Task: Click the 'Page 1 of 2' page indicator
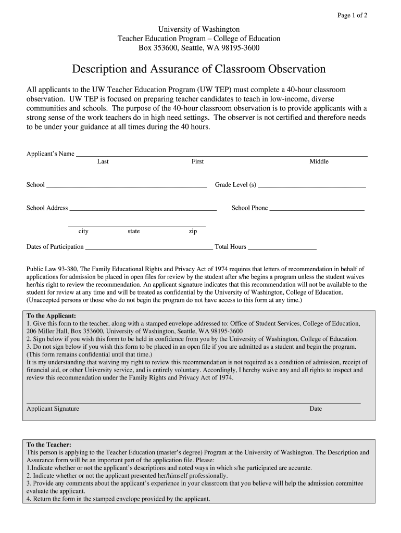point(353,15)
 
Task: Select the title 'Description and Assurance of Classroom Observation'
point(198,69)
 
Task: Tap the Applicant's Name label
point(51,154)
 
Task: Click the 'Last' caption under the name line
point(103,162)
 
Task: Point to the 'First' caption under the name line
point(197,162)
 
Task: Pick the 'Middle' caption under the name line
point(319,162)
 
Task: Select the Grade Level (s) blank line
point(311,186)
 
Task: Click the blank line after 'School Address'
point(143,209)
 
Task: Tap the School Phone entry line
point(317,209)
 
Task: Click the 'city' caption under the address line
point(83,232)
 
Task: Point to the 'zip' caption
point(193,232)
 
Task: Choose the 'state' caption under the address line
point(133,232)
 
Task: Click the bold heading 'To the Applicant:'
point(51,316)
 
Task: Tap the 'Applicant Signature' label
point(53,409)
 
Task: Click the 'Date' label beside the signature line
point(316,409)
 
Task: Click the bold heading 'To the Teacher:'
point(49,445)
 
